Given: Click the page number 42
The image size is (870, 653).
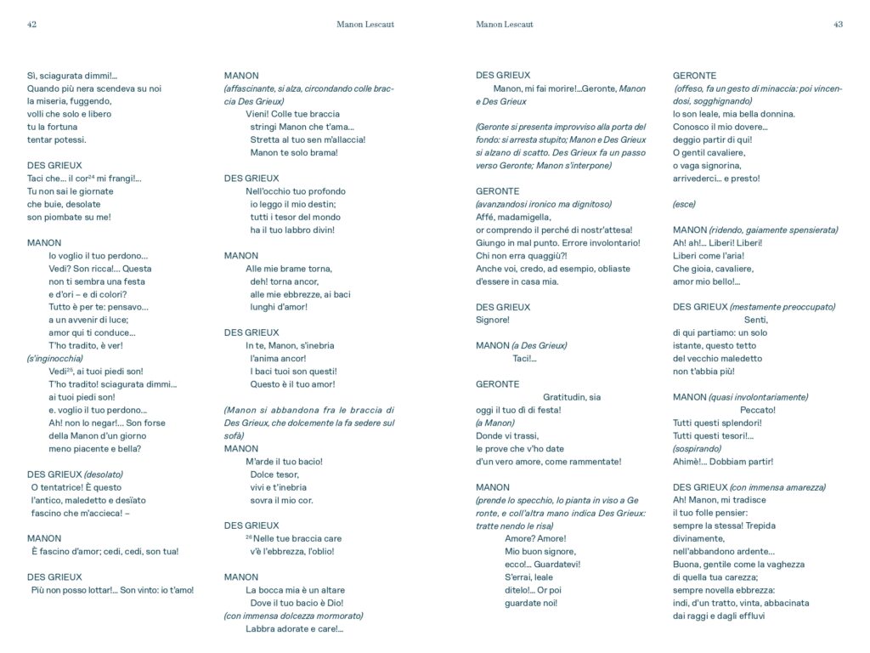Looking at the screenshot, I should click(x=31, y=25).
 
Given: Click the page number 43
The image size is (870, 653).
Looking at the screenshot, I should click(x=838, y=25).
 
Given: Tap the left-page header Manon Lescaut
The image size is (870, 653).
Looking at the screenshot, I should click(x=365, y=25).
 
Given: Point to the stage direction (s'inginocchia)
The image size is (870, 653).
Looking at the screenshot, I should click(x=55, y=359).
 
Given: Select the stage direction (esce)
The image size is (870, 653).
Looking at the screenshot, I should click(x=684, y=204).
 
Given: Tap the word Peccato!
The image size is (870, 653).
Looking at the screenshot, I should click(x=758, y=410).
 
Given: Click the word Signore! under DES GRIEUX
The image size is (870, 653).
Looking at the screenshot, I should click(x=493, y=320).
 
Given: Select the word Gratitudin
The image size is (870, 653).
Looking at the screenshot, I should click(x=564, y=397).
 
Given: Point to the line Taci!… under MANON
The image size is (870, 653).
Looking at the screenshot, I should click(x=525, y=359).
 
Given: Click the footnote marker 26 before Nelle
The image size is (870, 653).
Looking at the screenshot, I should click(x=250, y=537).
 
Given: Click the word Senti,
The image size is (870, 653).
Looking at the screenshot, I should click(x=755, y=320).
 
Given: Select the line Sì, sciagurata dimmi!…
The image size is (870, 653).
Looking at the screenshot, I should click(x=72, y=76).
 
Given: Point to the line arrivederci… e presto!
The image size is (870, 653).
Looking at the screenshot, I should click(x=716, y=179).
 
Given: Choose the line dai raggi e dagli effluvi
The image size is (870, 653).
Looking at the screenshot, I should click(x=719, y=616).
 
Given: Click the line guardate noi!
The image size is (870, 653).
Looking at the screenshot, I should click(x=532, y=603).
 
